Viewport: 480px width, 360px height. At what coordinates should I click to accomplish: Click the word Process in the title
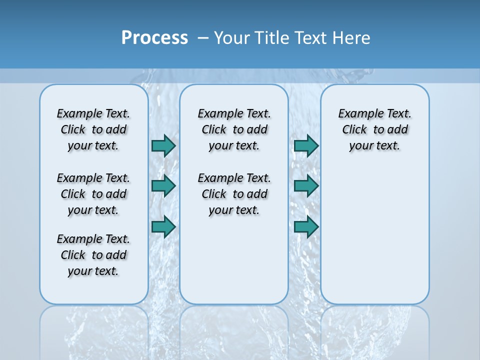pos(154,37)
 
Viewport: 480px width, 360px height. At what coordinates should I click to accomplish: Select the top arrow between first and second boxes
pos(163,145)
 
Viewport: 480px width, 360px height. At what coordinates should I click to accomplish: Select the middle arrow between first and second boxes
pos(163,186)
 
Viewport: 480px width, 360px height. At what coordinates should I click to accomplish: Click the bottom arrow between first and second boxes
pos(163,227)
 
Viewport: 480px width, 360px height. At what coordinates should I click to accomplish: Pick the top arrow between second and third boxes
pos(306,145)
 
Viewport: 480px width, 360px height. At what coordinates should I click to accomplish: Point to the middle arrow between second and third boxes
pos(306,186)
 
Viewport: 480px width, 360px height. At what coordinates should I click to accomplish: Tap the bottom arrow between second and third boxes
pos(306,227)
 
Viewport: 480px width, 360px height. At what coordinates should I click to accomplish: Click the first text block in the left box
pos(93,129)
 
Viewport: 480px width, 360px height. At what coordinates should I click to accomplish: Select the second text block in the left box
pos(93,194)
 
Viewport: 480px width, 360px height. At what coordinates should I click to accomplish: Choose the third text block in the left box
pos(93,255)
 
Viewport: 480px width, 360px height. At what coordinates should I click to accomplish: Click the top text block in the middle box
pos(234,129)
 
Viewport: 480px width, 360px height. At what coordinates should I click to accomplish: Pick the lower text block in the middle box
pos(234,194)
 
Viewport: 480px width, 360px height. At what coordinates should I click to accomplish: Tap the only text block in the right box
pos(374,129)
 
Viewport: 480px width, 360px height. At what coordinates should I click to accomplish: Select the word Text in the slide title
pos(310,37)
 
